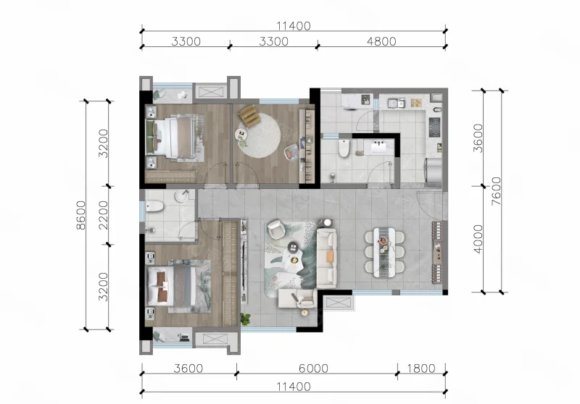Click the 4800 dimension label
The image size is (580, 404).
click(x=381, y=41)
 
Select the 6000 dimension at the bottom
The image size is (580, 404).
click(x=313, y=369)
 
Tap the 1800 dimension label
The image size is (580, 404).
click(x=421, y=369)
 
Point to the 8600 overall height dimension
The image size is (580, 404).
click(x=80, y=215)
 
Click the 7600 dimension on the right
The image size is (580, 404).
click(x=496, y=191)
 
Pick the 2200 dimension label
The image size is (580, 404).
click(x=103, y=215)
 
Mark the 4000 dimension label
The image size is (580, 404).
click(x=478, y=239)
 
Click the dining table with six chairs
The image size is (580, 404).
click(x=384, y=252)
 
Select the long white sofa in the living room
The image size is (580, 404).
click(x=326, y=258)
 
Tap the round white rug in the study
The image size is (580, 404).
click(x=259, y=135)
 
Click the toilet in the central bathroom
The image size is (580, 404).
click(x=344, y=148)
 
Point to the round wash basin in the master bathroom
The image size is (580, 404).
click(x=182, y=196)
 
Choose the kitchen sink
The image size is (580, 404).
click(x=396, y=103)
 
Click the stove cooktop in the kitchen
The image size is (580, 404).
click(x=434, y=127)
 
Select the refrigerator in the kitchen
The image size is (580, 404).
click(x=433, y=170)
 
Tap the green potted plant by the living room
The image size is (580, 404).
click(x=245, y=319)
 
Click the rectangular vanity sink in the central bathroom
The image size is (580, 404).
click(x=378, y=146)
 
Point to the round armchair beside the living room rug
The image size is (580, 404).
click(x=276, y=229)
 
